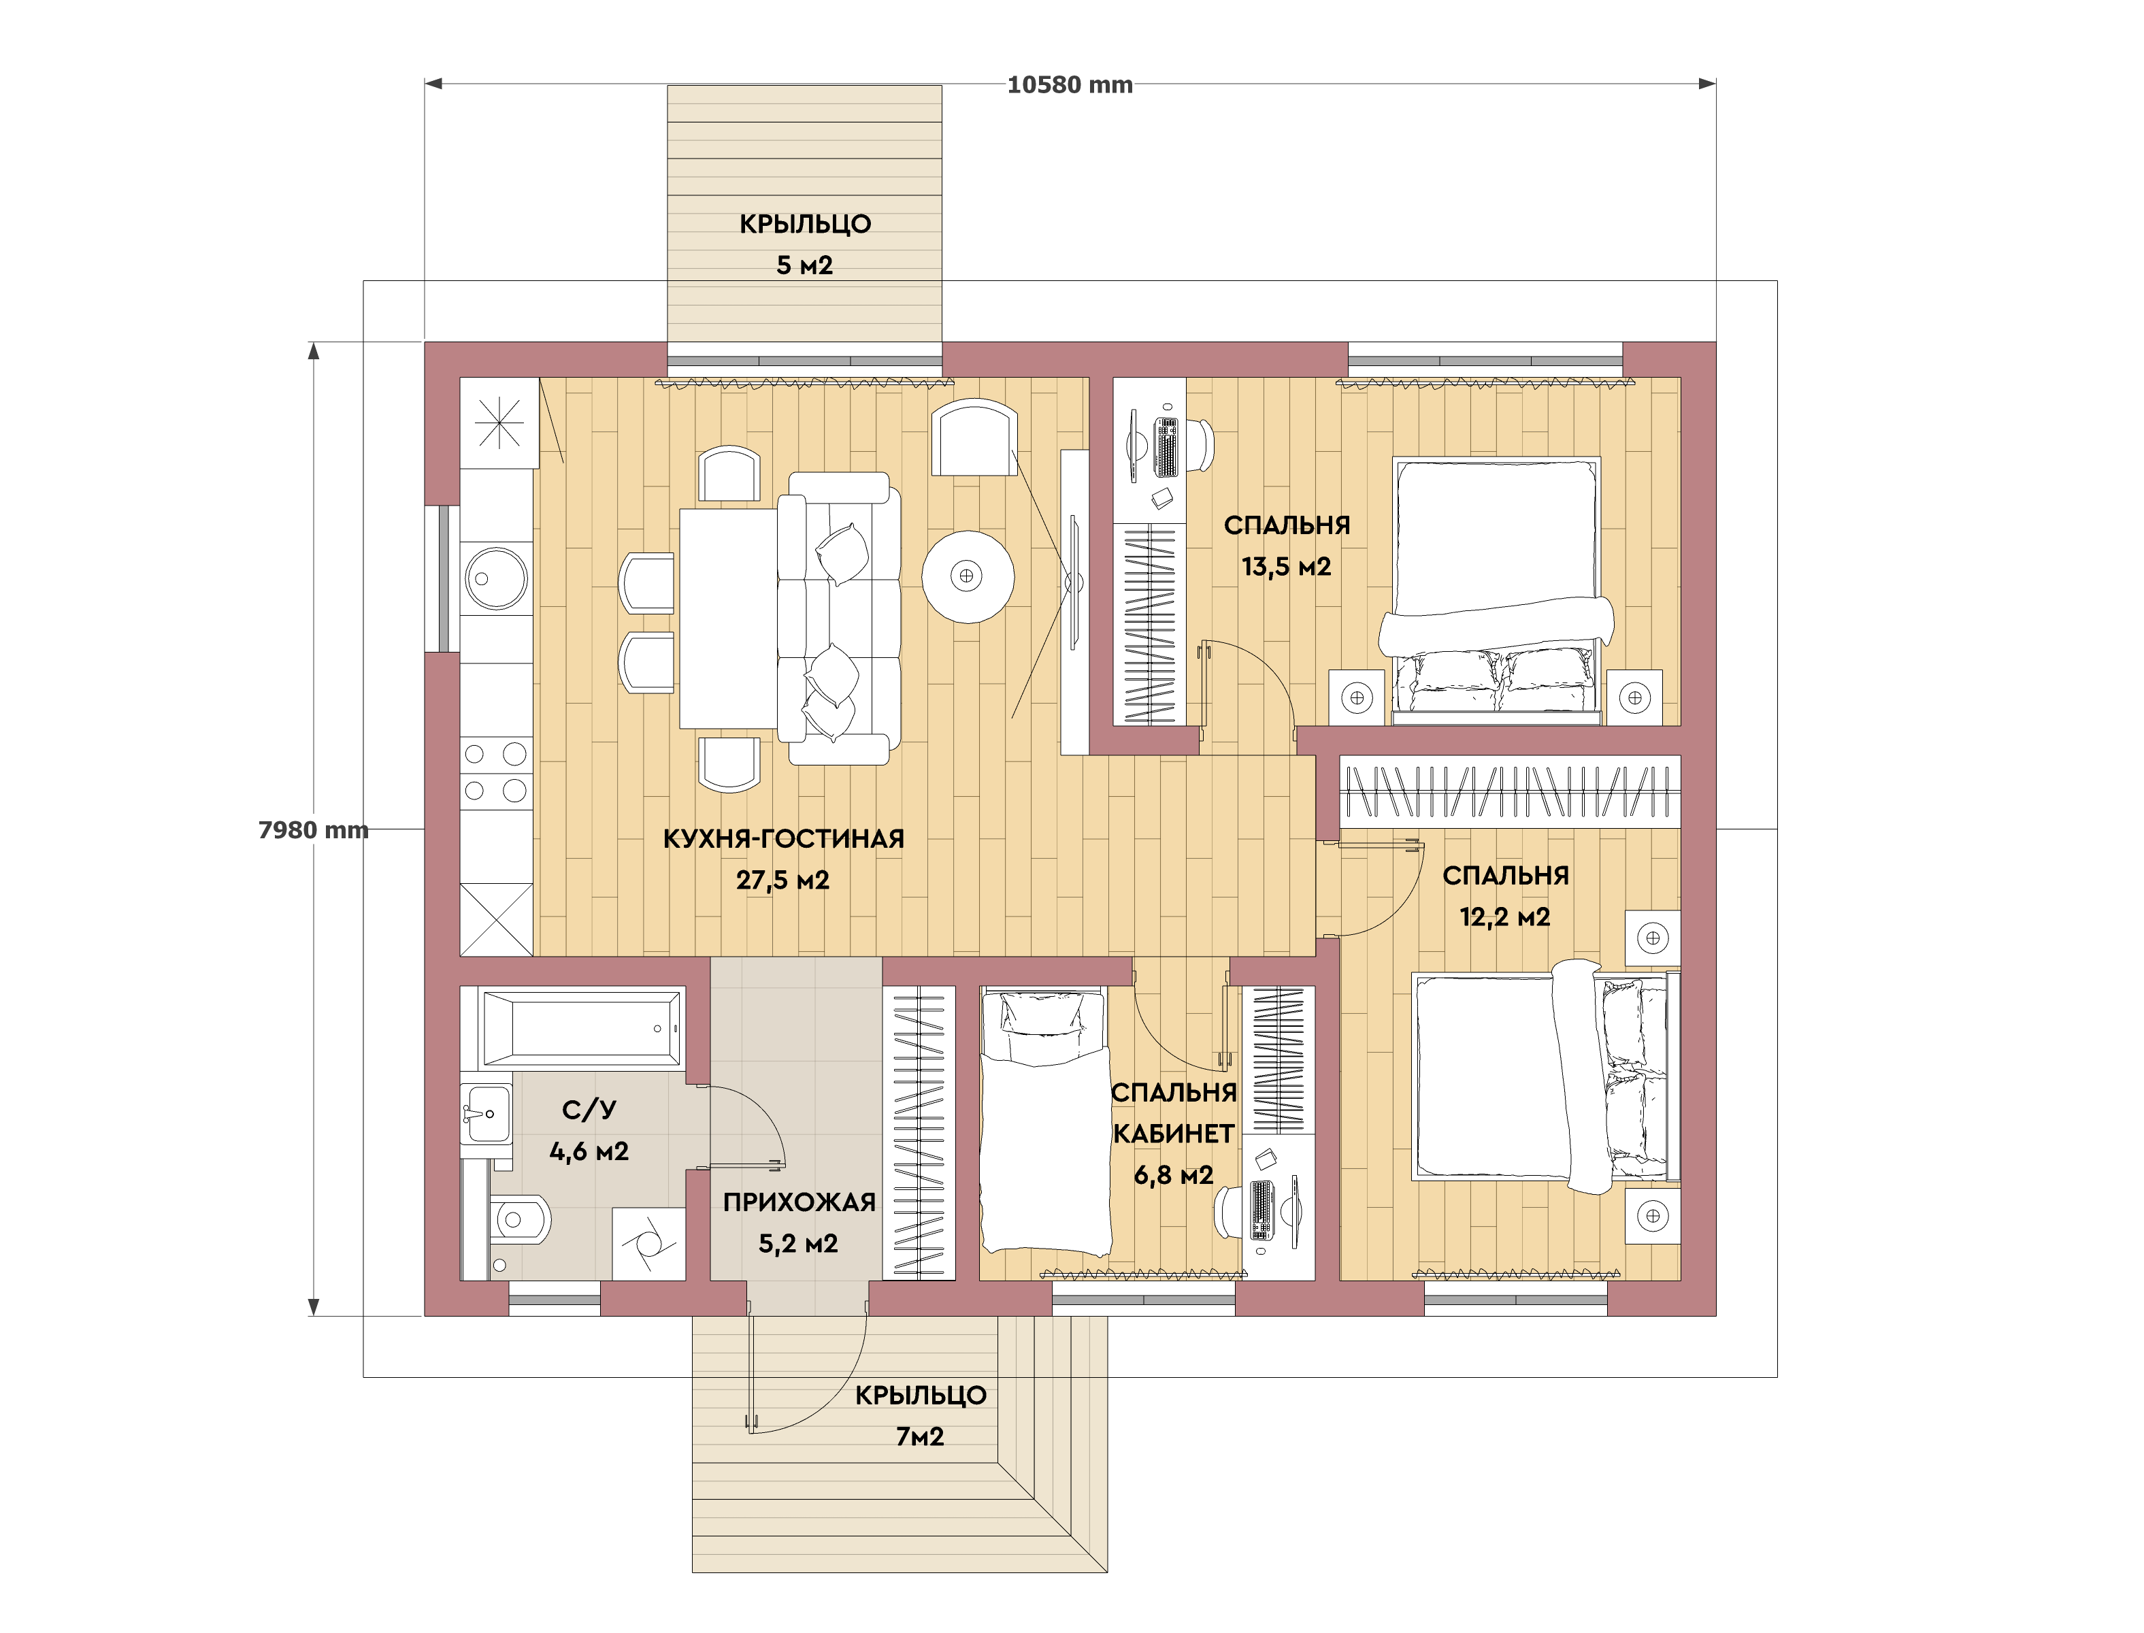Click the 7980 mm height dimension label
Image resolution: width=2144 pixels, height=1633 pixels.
coord(313,829)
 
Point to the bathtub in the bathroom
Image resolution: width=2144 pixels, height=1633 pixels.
coord(581,1027)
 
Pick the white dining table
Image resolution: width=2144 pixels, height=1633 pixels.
coord(728,618)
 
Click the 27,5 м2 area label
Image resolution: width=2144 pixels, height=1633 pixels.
coord(782,880)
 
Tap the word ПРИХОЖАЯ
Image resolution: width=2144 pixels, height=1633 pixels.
coord(799,1202)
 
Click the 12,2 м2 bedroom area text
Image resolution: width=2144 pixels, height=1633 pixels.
coord(1504,916)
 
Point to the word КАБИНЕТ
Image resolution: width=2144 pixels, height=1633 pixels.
coord(1173,1134)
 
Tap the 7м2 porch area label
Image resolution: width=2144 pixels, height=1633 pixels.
coord(919,1436)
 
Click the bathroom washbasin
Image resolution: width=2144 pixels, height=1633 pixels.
coord(487,1114)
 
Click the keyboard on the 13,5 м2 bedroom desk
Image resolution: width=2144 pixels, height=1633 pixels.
coord(1166,447)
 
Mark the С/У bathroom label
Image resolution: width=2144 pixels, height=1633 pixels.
coord(589,1109)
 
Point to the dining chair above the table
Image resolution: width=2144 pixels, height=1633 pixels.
coord(729,474)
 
